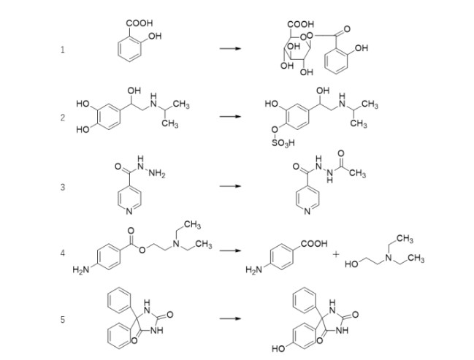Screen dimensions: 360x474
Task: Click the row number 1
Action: coord(63,50)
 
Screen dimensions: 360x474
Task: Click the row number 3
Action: coord(63,187)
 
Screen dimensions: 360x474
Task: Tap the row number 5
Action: coord(63,319)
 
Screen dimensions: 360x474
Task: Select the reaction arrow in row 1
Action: coord(231,50)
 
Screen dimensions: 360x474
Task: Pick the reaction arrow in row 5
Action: coord(231,319)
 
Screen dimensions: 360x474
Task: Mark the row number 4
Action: coord(63,253)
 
